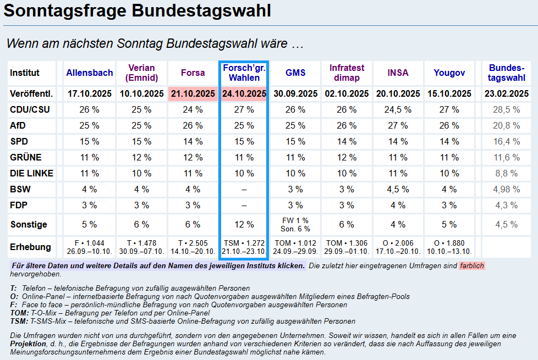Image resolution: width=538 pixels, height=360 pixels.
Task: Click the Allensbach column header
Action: coord(90,73)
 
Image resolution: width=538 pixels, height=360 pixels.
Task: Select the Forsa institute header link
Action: coord(193,73)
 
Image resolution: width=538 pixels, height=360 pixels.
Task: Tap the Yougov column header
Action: coord(449,73)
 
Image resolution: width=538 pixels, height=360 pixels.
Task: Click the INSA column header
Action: coord(398,73)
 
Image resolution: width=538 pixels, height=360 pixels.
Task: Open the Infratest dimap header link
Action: coord(347,73)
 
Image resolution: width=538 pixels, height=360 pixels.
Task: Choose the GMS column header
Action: coord(295,73)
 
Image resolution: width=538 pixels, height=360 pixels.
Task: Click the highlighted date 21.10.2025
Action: coord(193,93)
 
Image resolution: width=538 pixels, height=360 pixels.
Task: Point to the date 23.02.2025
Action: coord(506,93)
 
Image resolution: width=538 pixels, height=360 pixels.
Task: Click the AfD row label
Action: coord(18,125)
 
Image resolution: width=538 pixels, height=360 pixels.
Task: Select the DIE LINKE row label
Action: coord(31,173)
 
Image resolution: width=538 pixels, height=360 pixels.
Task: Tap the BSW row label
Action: coord(20,189)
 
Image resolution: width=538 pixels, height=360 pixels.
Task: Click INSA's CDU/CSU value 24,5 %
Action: coord(398,109)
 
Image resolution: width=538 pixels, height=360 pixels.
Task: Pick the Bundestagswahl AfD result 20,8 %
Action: coord(506,125)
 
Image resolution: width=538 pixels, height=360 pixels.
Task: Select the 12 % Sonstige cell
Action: coord(244,224)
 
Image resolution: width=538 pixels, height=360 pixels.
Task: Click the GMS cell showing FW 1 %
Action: coord(295,220)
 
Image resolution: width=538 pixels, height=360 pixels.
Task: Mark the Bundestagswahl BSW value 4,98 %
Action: coord(506,189)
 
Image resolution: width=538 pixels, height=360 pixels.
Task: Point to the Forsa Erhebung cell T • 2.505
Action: coord(193,243)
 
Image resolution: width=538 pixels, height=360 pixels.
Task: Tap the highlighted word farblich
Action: coord(472,265)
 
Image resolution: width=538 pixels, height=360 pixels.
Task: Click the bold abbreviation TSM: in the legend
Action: coord(19,321)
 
